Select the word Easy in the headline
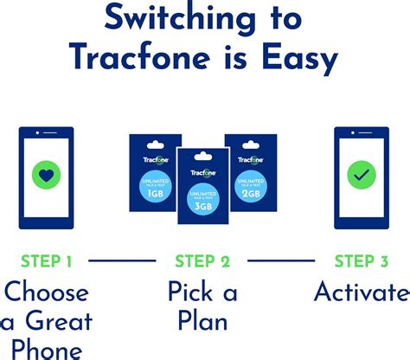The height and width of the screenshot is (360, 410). click(295, 58)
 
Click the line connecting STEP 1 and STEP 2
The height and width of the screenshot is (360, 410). click(123, 260)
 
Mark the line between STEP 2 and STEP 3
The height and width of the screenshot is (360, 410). click(281, 260)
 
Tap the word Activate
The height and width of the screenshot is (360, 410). click(361, 292)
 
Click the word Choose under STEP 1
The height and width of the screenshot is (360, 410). click(46, 292)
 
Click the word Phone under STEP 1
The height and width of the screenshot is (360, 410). click(46, 350)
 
